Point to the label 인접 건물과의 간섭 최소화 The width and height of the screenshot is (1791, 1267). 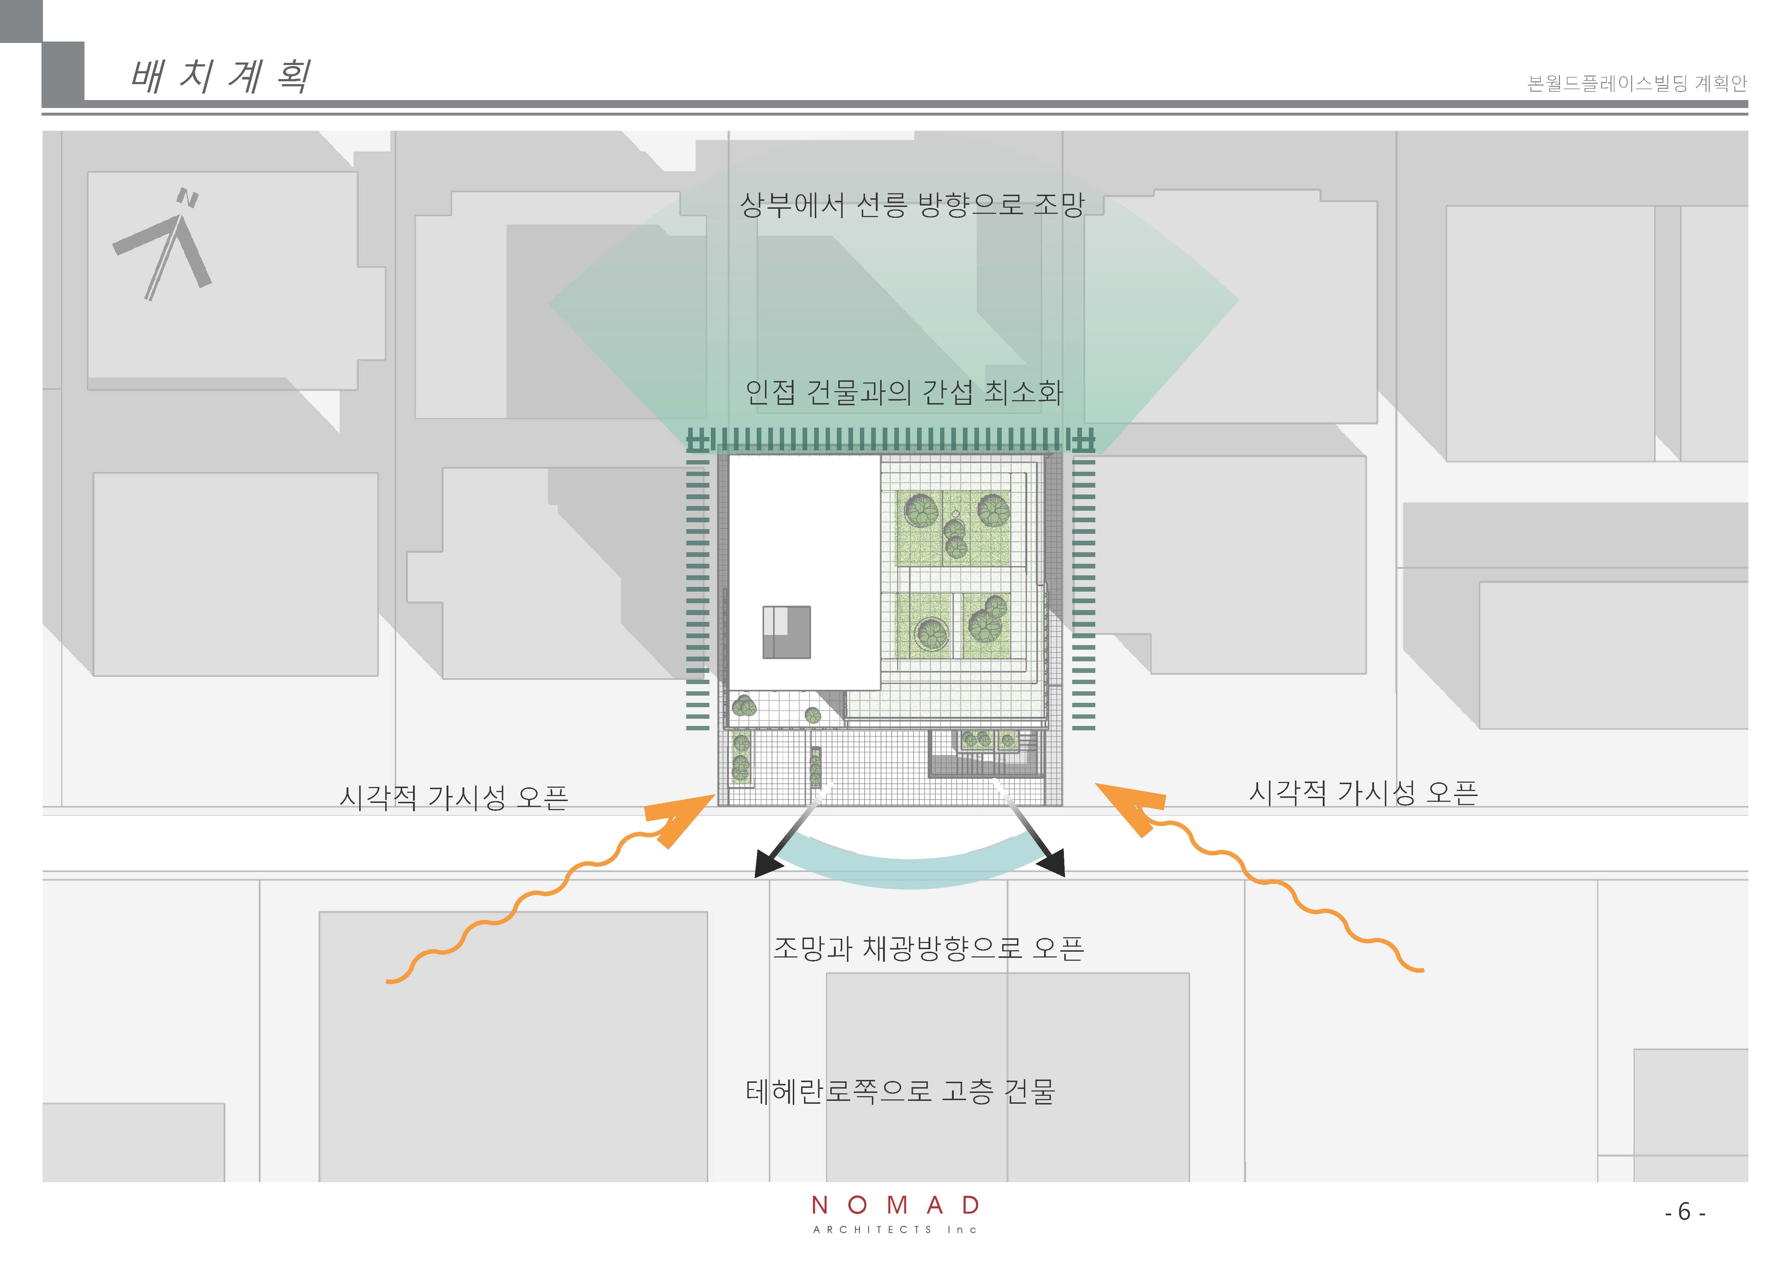point(904,392)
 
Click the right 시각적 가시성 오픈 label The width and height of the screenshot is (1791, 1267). point(1363,793)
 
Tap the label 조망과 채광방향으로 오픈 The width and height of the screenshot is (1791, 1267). point(928,948)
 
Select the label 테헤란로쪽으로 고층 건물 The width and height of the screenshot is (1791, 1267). point(900,1091)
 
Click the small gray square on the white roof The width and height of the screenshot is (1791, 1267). point(786,632)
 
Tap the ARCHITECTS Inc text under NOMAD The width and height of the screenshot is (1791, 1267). point(895,1229)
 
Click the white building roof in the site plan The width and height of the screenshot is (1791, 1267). point(804,546)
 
